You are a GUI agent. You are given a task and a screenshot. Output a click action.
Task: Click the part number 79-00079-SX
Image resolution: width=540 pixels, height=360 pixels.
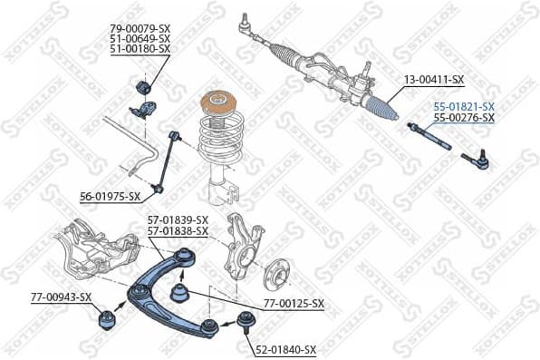click(x=140, y=28)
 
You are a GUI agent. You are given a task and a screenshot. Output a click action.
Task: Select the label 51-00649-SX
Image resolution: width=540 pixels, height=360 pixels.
click(x=140, y=39)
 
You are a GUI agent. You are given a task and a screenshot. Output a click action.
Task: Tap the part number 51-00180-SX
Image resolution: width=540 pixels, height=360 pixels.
click(x=140, y=49)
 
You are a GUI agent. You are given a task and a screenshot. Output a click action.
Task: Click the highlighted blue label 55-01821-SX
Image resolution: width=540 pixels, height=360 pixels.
click(x=463, y=107)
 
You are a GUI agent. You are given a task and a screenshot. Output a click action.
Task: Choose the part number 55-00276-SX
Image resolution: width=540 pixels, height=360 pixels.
click(x=463, y=118)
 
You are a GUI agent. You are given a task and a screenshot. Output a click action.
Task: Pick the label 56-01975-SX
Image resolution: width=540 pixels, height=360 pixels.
click(x=110, y=196)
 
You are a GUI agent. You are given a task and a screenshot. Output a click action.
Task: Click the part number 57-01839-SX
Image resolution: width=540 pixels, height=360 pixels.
click(x=178, y=220)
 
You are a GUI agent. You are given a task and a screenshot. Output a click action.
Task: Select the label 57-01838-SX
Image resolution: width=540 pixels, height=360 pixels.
click(x=178, y=231)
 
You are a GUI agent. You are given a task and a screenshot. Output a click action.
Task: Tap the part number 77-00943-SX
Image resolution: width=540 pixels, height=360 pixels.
click(x=61, y=297)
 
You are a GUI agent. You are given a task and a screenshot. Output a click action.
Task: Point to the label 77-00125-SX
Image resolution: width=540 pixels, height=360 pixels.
click(x=293, y=303)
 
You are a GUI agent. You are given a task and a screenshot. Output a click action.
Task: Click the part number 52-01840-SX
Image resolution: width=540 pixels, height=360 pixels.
click(x=284, y=349)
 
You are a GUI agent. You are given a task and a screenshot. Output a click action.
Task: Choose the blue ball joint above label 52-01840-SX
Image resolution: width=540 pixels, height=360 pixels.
click(x=243, y=318)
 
